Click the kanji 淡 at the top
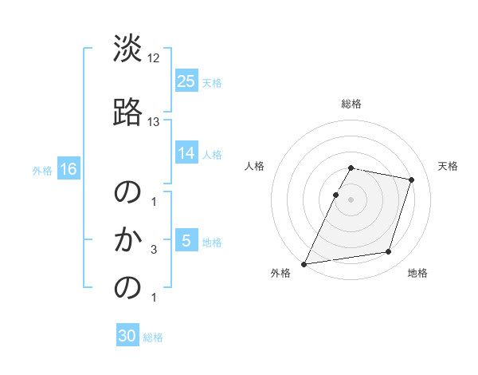click(x=127, y=49)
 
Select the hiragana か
click(x=127, y=239)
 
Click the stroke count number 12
click(x=154, y=58)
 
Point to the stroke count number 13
click(x=154, y=122)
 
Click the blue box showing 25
click(x=186, y=81)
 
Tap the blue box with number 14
click(x=186, y=153)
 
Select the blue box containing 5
click(x=186, y=241)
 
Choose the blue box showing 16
click(x=68, y=169)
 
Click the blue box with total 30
click(x=127, y=336)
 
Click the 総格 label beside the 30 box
click(x=153, y=337)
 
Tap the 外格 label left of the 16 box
click(x=42, y=170)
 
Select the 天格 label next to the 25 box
click(x=212, y=82)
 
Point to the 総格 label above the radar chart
click(x=351, y=104)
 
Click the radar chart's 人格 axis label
click(x=255, y=166)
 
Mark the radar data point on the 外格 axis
click(x=304, y=263)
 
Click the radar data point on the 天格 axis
click(x=412, y=180)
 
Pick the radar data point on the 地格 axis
click(x=389, y=252)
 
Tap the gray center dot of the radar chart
click(x=351, y=199)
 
